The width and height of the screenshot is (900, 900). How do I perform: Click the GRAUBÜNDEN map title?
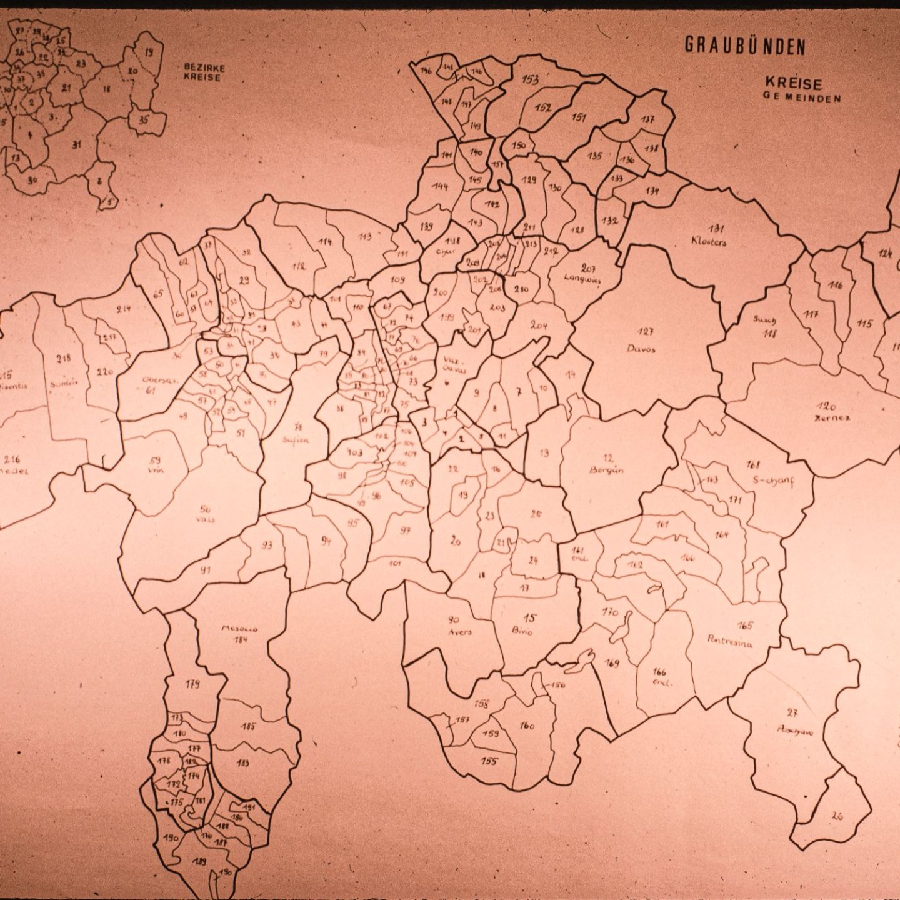(745, 45)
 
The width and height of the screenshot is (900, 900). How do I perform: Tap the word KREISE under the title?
(793, 83)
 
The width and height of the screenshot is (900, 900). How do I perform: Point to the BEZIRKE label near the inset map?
(204, 67)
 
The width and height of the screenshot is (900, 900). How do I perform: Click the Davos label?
(641, 349)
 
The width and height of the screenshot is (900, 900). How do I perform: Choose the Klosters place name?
(709, 242)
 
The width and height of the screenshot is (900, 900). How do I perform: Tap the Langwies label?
(582, 279)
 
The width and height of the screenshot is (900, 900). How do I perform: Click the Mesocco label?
(239, 629)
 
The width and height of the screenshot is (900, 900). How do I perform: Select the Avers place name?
(460, 632)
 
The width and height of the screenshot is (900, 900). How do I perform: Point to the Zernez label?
(832, 417)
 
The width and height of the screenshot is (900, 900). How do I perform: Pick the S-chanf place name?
(773, 481)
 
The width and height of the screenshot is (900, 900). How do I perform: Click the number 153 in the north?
(530, 79)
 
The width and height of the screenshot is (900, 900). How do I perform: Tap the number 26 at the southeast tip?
(837, 815)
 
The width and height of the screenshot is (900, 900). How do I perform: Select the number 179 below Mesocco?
(192, 684)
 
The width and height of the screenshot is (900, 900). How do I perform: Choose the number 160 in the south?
(527, 726)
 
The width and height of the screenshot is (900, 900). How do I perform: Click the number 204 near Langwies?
(539, 325)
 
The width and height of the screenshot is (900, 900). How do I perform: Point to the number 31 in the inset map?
(76, 144)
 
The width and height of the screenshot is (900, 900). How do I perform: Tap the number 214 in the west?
(123, 308)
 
